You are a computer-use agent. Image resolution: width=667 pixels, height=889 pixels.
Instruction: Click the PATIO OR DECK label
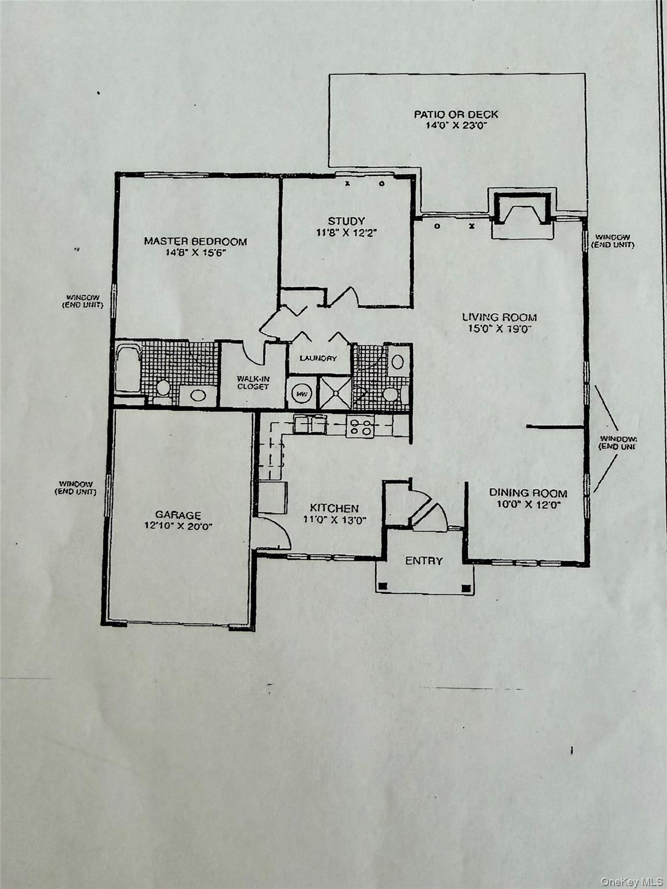click(456, 114)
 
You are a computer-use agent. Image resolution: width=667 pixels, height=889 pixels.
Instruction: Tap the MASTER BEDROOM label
click(195, 241)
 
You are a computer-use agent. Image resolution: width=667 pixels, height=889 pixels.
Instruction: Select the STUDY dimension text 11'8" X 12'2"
click(346, 233)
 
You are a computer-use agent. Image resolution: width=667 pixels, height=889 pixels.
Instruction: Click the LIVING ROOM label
click(499, 317)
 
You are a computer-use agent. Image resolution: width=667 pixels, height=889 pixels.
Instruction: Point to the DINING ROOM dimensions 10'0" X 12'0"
click(528, 504)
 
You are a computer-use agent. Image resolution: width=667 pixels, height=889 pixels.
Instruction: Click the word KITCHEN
click(334, 508)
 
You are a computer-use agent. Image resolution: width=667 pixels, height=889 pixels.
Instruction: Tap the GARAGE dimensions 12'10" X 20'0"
click(178, 526)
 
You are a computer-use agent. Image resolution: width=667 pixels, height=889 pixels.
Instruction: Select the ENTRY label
click(424, 560)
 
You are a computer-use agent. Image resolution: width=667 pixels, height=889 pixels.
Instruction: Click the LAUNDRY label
click(318, 358)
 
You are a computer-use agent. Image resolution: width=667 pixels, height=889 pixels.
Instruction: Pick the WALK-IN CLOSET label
click(252, 383)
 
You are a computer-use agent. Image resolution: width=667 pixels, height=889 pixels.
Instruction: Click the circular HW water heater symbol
click(301, 394)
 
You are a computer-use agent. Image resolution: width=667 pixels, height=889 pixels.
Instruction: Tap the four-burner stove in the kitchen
click(360, 427)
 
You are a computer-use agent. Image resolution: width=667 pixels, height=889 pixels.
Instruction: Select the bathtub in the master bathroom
click(127, 368)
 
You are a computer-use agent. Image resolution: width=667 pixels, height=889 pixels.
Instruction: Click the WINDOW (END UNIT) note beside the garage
click(76, 488)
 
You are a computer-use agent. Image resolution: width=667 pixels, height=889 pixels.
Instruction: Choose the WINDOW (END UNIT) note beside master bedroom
click(83, 301)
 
